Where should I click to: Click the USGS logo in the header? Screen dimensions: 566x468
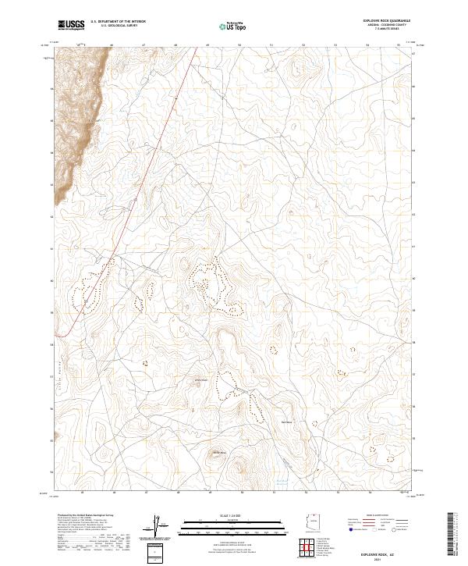coord(71,25)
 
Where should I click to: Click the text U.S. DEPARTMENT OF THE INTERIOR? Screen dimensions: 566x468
coord(118,22)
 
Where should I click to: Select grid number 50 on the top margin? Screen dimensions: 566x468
coord(240,45)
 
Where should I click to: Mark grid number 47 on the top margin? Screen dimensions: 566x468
coord(144,45)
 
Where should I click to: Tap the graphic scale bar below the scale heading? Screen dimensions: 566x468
coord(223,525)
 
